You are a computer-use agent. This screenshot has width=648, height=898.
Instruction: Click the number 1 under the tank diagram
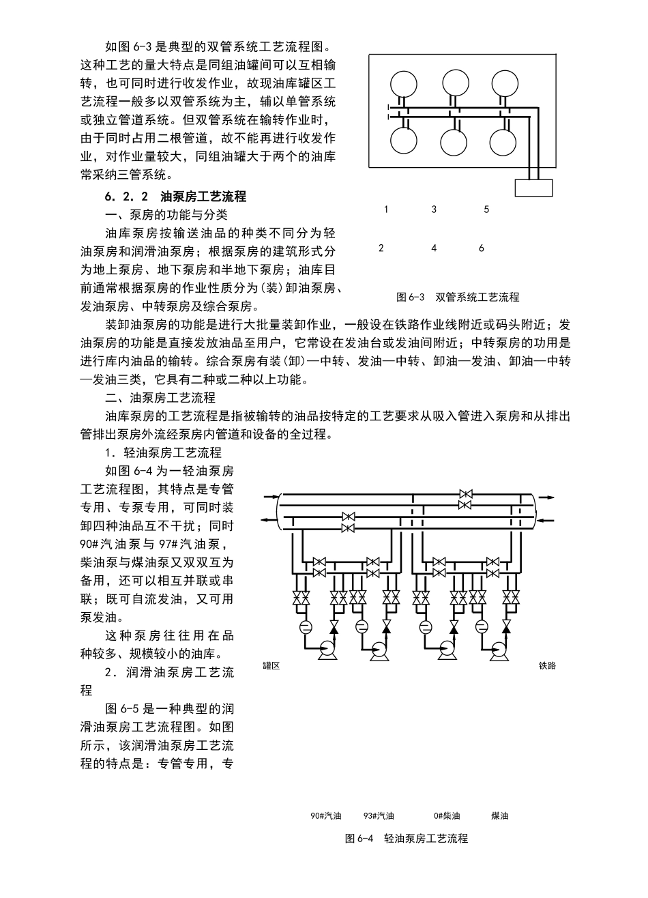tap(386, 209)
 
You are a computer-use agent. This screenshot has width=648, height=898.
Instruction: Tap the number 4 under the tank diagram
tap(434, 248)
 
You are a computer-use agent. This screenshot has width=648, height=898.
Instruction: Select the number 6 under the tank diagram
tap(482, 248)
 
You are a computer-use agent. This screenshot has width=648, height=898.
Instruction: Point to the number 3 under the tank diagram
tap(434, 209)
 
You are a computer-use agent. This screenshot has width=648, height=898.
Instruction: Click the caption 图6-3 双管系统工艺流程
tap(458, 298)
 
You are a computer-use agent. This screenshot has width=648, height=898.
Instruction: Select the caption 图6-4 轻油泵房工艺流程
tap(407, 839)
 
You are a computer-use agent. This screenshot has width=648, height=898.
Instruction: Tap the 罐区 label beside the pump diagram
tap(271, 665)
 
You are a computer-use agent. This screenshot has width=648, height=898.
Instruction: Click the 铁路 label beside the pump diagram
tap(547, 665)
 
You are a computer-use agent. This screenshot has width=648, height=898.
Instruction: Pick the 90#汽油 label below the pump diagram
tap(325, 815)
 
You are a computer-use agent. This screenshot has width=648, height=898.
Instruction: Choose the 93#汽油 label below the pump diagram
tap(379, 815)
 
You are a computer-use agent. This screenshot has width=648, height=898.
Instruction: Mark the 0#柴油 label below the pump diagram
tap(447, 815)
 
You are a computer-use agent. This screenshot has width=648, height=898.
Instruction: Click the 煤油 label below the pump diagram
tap(499, 815)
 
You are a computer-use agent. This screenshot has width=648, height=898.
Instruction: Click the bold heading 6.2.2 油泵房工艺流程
tap(175, 197)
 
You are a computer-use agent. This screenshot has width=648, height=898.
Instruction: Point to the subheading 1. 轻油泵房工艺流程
tap(162, 452)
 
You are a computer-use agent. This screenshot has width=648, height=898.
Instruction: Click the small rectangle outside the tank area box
tap(533, 187)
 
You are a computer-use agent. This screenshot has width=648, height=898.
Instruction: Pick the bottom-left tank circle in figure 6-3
tap(403, 142)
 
